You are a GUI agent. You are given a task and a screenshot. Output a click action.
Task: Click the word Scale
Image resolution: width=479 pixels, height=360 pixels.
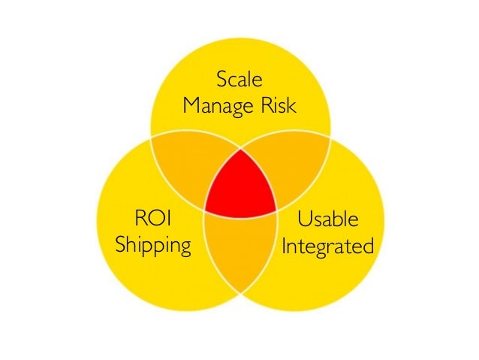239,79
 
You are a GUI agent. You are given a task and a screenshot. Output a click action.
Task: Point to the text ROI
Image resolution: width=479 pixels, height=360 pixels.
153,219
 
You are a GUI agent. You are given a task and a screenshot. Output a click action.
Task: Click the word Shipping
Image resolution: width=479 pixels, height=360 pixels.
153,246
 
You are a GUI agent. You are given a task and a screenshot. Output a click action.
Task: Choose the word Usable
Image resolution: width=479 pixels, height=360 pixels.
328,219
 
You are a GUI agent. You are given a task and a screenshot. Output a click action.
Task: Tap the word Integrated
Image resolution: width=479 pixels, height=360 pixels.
328,246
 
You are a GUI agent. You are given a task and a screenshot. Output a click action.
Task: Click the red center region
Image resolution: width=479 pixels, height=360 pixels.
240,184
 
